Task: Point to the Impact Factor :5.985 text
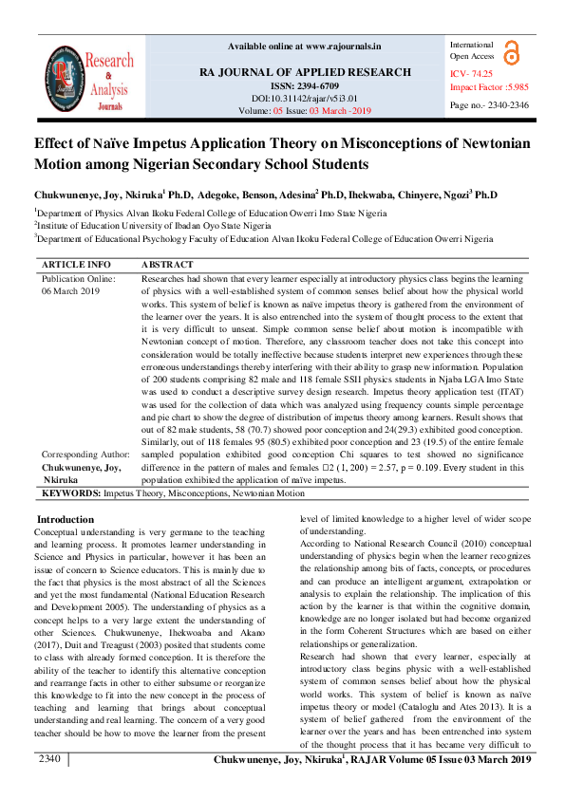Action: pos(489,87)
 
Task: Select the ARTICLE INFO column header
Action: pos(76,264)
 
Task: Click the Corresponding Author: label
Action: pos(85,455)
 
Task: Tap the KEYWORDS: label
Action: pos(72,493)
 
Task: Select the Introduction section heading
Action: pos(65,519)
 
